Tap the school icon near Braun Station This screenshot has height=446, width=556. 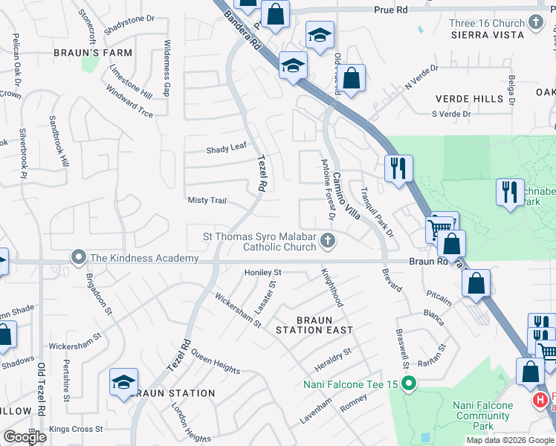123,382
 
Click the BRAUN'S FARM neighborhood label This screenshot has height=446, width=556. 93,53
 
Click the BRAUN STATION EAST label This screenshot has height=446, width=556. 314,325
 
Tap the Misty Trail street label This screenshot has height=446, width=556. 207,201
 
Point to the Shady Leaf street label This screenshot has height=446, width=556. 226,149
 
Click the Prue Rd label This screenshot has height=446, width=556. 391,10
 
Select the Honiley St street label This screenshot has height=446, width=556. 263,273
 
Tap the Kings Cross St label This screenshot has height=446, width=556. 77,429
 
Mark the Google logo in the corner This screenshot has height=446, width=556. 25,437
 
